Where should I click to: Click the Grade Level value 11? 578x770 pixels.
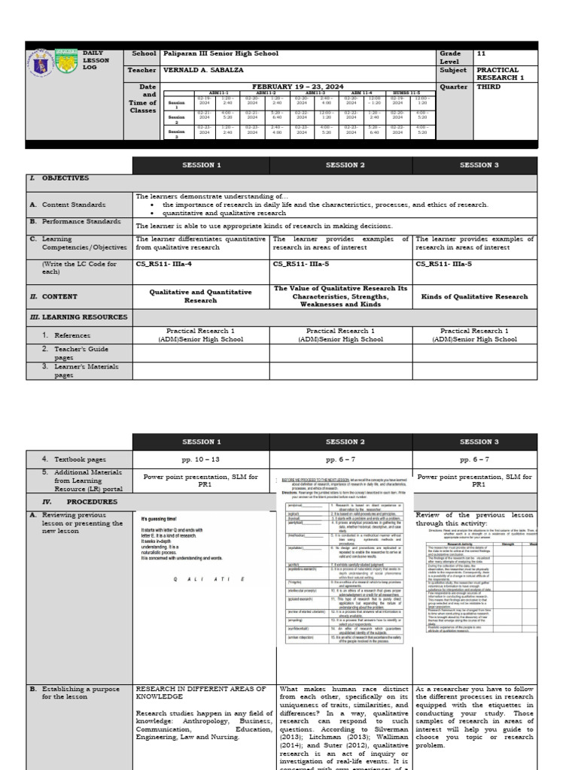482,54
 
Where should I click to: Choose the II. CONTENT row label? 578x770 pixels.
53,297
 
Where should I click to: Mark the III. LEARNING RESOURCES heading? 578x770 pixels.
78,317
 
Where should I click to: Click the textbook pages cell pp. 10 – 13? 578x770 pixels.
200,458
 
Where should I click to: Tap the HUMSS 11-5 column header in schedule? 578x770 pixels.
404,93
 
